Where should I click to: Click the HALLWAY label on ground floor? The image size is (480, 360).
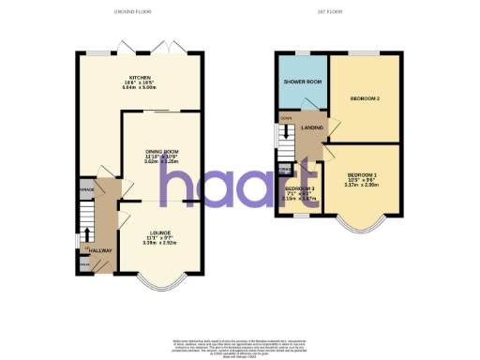point(99,251)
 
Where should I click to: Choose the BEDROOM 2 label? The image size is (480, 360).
point(364,97)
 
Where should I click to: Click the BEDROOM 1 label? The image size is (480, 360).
point(360,175)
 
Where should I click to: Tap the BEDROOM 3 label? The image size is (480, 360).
point(299,189)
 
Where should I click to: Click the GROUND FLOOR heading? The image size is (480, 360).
point(132,12)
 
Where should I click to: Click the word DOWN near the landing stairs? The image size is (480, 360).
point(285,118)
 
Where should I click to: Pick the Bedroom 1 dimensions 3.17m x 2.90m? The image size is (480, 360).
point(361,186)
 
